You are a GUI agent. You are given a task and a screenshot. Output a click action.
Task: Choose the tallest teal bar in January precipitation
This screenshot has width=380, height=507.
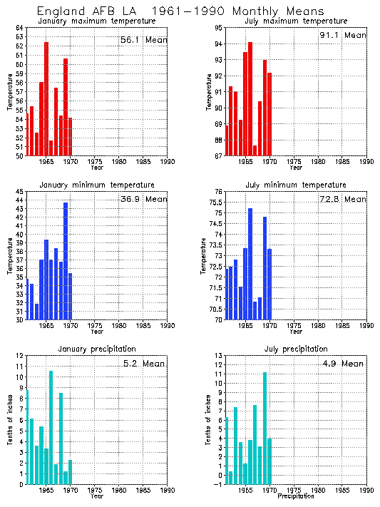pos(51,427)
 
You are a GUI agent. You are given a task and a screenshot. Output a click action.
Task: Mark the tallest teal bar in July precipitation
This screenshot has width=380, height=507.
pos(265,428)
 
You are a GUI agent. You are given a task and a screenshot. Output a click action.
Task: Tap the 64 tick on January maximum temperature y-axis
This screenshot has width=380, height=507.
pos(20,28)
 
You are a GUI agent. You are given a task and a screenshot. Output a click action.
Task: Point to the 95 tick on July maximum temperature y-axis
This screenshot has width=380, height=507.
pos(218,28)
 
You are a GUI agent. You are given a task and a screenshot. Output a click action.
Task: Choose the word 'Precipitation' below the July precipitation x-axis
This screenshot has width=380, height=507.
pos(295,496)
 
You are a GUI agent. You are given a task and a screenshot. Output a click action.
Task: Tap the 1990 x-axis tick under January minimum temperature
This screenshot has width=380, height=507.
pos(167,326)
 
